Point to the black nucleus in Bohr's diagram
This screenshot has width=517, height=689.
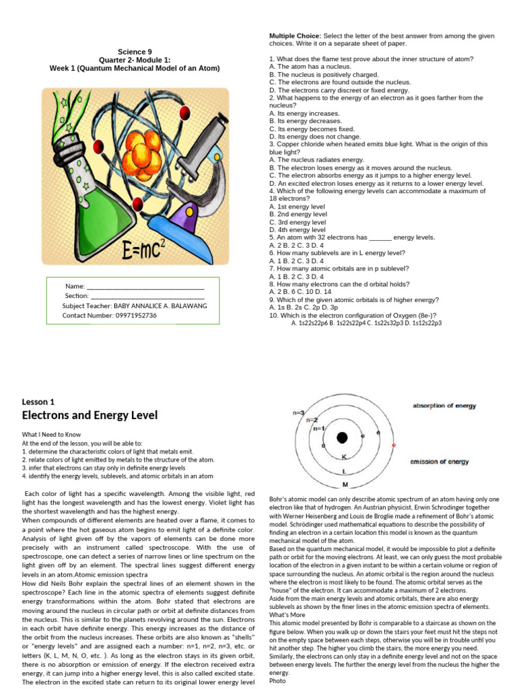pos(341,438)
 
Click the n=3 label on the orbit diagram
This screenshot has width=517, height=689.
pos(298,412)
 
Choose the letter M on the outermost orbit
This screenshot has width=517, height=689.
pos(345,484)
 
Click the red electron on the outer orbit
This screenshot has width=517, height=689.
pos(394,445)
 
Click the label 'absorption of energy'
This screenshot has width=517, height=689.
pos(444,406)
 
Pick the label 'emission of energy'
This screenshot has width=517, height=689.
pos(440,462)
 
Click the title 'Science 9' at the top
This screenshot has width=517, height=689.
pos(135,51)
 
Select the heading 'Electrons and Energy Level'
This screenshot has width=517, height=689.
pos(90,415)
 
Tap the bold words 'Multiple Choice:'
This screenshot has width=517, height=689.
pos(295,35)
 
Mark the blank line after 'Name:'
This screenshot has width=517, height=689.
pos(145,287)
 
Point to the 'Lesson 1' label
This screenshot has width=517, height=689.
pos(38,402)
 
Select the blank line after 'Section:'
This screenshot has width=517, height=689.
pos(147,296)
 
